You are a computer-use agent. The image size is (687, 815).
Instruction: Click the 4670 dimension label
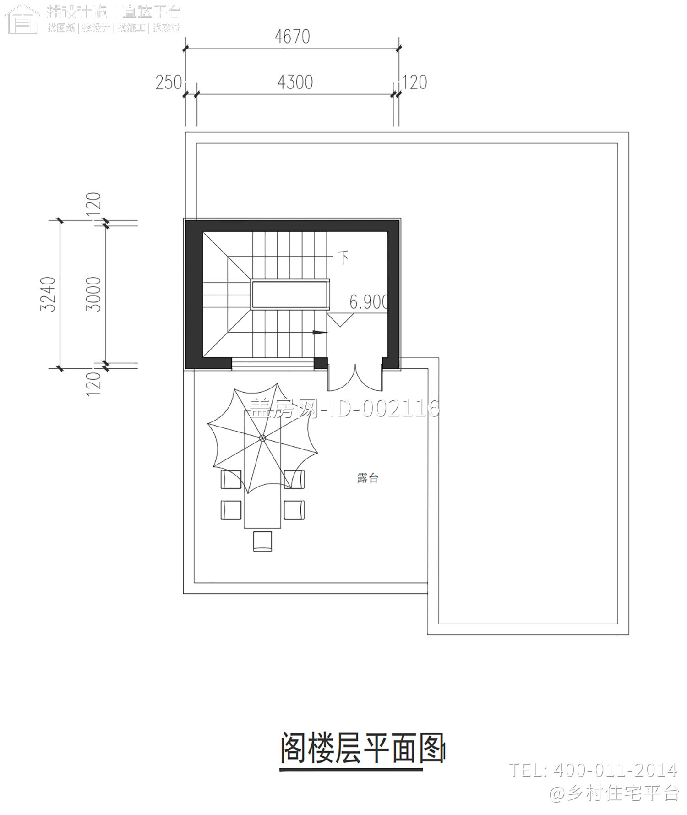(x=292, y=37)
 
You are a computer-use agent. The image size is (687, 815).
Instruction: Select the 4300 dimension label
(x=295, y=82)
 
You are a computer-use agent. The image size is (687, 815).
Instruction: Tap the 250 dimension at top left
(x=169, y=83)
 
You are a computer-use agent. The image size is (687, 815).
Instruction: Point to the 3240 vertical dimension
(x=48, y=294)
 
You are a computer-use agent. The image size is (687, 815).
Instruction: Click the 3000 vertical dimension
(x=93, y=294)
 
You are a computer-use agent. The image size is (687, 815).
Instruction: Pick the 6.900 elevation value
(x=369, y=302)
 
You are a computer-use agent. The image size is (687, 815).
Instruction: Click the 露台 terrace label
(x=367, y=478)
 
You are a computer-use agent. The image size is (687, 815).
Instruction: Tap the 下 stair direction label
(x=343, y=257)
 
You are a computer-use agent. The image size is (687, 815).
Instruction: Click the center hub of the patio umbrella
(x=262, y=438)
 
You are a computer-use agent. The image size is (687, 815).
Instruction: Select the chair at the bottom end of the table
(x=262, y=540)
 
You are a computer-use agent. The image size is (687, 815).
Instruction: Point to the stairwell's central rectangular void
(x=289, y=294)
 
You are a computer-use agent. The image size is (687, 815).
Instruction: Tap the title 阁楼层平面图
(x=362, y=748)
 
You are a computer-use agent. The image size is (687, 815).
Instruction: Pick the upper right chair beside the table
(x=294, y=479)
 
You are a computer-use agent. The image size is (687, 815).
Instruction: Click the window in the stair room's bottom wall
(x=273, y=364)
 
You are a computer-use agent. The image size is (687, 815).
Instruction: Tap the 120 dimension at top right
(x=414, y=82)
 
